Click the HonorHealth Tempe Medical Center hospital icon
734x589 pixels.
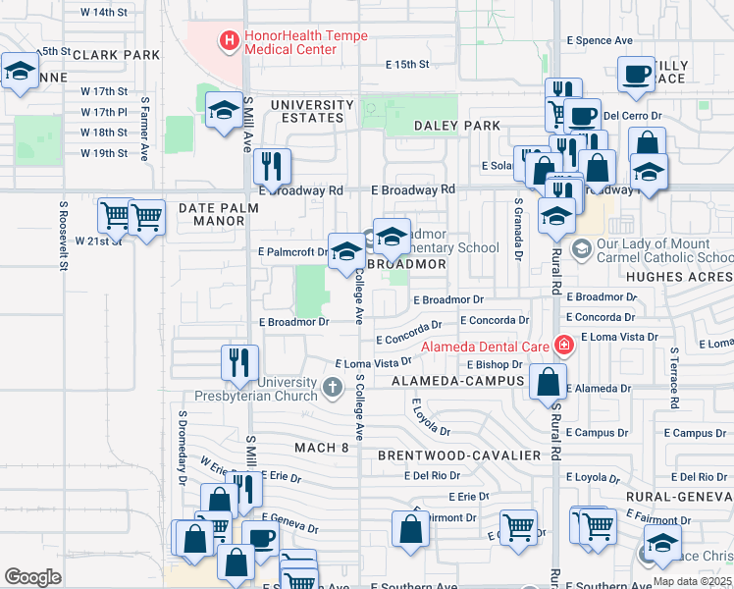coord(230,41)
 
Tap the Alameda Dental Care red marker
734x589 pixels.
coord(563,345)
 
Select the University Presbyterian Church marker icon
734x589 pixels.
coord(332,389)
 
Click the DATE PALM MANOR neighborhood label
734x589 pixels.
coord(219,214)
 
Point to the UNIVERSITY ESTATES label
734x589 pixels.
coord(308,111)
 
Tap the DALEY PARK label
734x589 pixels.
coord(457,126)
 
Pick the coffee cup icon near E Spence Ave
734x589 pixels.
coord(637,75)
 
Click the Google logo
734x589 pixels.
coord(32,576)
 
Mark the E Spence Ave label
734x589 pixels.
coord(600,40)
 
